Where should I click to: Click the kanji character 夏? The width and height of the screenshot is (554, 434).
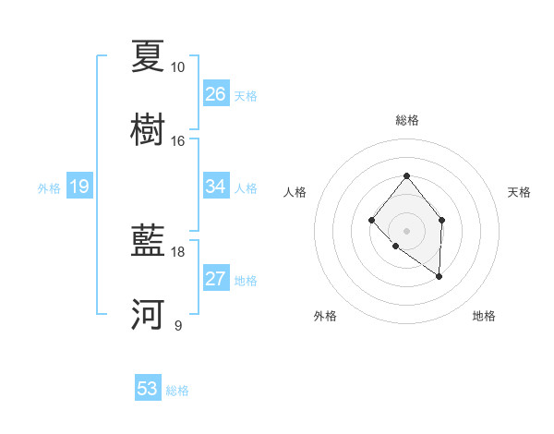[148, 56]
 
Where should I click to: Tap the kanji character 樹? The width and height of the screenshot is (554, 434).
[148, 130]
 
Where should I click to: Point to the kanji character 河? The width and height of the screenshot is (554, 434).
[148, 315]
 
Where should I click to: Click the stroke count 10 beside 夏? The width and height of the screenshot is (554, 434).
[177, 67]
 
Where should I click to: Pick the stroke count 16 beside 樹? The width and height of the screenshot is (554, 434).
[177, 141]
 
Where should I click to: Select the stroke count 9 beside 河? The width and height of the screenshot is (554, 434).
[177, 326]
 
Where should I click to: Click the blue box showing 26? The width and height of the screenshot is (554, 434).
[216, 94]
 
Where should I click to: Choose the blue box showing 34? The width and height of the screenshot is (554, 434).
[216, 187]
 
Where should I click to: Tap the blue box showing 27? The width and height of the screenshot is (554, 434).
[216, 279]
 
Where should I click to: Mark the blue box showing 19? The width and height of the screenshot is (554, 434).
[79, 187]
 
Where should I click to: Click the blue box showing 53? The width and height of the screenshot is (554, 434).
[148, 389]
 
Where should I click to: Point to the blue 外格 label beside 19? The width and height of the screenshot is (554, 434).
[49, 188]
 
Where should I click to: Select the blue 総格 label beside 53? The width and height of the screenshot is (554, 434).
[177, 391]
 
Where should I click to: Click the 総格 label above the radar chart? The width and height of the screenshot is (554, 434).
[406, 120]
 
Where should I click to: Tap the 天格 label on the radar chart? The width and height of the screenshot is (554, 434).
[519, 192]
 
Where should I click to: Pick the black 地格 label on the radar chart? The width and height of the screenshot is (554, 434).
[484, 316]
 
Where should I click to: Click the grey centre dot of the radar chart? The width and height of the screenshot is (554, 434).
[406, 230]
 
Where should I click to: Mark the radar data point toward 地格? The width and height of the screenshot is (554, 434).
[439, 276]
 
